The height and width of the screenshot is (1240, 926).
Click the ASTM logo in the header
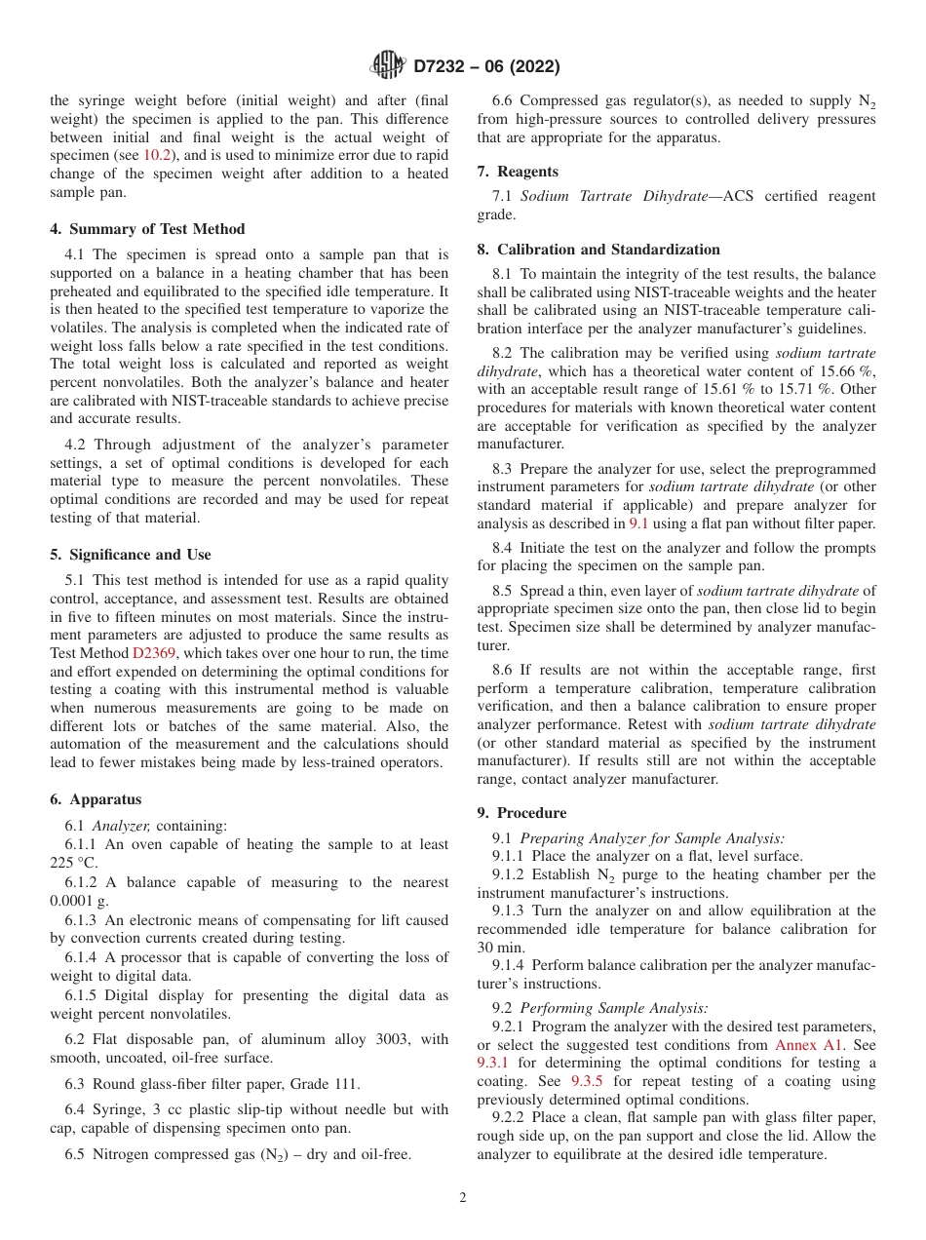click(x=388, y=66)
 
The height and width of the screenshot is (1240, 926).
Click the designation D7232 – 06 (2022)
click(x=486, y=67)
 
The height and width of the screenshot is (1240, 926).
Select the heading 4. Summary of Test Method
click(x=147, y=229)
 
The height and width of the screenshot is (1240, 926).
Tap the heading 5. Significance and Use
click(x=130, y=555)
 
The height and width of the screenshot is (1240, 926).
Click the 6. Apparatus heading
click(x=96, y=799)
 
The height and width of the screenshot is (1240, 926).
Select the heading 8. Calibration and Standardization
click(x=598, y=249)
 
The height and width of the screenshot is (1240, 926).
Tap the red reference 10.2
click(x=158, y=155)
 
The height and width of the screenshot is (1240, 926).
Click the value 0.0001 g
click(x=78, y=901)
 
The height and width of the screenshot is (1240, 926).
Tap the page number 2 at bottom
click(x=463, y=1198)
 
